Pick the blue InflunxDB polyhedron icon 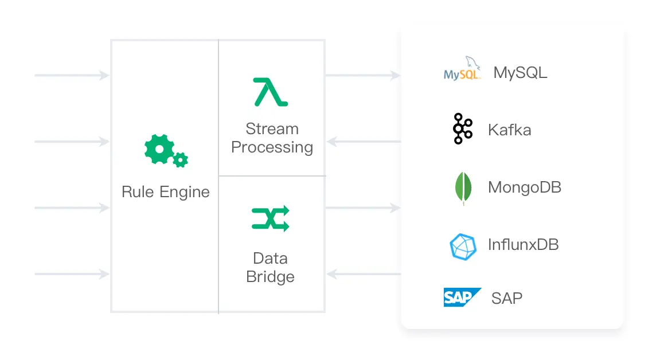[463, 246]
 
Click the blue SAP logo [462, 298]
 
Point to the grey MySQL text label [520, 73]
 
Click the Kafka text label [509, 130]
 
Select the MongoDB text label [524, 187]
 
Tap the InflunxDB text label [523, 245]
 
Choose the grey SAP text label [507, 298]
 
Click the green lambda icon [271, 92]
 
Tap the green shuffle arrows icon [271, 218]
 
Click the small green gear [181, 159]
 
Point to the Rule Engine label [166, 192]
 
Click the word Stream [272, 128]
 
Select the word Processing [272, 147]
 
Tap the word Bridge [270, 277]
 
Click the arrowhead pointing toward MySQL [395, 75]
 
